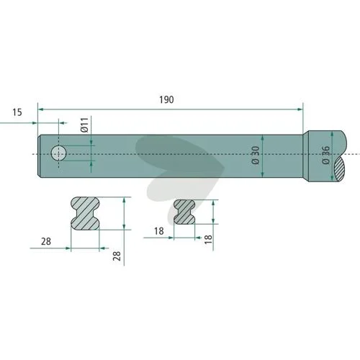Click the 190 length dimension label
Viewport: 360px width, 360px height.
(166, 99)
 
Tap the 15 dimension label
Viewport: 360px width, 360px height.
(17, 112)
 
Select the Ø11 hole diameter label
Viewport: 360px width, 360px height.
(84, 125)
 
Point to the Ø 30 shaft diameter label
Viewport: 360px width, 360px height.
(256, 155)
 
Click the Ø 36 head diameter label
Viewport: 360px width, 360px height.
(325, 155)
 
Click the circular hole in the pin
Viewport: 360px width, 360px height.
(58, 153)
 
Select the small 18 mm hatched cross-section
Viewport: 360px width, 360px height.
(184, 212)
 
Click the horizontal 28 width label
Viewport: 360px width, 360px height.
(46, 241)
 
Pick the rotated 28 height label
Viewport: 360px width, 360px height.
(117, 256)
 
